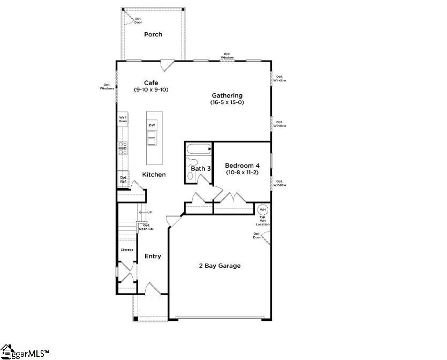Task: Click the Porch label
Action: click(153, 35)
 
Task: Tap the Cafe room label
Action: click(151, 82)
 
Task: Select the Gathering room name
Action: click(227, 95)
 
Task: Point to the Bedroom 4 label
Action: click(242, 166)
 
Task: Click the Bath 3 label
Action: click(201, 169)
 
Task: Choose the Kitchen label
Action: click(154, 175)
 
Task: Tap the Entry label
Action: click(153, 257)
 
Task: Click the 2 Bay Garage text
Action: click(219, 266)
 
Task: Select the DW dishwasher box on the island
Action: click(152, 125)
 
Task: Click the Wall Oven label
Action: click(123, 119)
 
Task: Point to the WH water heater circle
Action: click(262, 209)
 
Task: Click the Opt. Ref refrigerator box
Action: click(123, 179)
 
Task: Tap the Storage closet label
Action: click(127, 250)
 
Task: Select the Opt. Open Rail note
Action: click(147, 227)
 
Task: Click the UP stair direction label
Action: click(149, 213)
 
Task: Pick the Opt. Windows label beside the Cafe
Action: click(107, 86)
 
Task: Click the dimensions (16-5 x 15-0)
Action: click(227, 102)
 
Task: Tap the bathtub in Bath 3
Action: click(199, 149)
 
